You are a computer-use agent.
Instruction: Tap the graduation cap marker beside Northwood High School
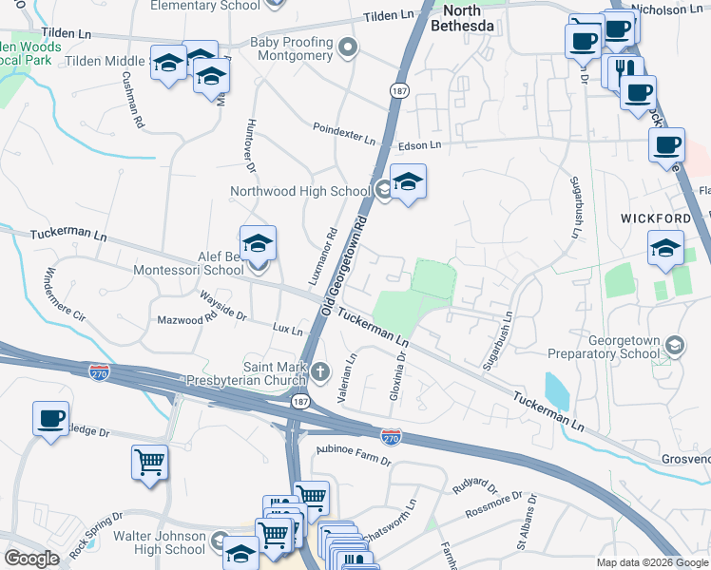(x=407, y=181)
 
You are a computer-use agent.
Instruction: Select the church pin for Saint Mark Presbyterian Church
(x=319, y=370)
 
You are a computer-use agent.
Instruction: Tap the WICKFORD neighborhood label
(x=656, y=218)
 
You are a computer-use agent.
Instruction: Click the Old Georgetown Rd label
(x=357, y=252)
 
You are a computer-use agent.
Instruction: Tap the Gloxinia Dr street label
(x=397, y=371)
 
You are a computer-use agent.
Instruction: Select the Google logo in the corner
(x=32, y=559)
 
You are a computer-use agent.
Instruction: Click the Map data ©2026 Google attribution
(x=651, y=562)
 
